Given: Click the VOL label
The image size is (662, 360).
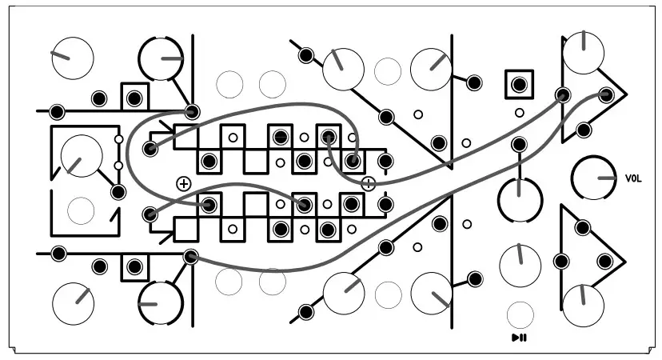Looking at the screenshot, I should point(633,178).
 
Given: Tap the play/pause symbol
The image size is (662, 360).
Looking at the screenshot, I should point(519,338).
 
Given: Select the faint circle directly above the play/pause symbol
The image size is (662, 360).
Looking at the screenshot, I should point(520,313).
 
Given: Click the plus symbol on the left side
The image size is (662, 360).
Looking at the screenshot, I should point(183,183).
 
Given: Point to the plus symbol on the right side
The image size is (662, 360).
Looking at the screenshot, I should point(368,183).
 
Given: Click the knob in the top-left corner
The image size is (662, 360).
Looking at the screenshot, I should point(73,57).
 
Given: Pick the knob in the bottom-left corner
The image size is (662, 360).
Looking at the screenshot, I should point(73,302).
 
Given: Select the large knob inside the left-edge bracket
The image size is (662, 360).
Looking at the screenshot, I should point(82,155).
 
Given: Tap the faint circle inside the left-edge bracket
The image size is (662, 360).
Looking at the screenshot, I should point(81,210).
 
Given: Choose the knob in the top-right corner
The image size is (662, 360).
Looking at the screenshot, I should point(583,53).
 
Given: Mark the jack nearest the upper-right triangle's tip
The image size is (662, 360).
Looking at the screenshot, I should point(606,95).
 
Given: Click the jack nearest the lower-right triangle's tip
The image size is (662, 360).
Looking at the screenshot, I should point(605,260).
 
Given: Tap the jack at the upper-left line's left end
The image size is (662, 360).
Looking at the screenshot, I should point(57,111).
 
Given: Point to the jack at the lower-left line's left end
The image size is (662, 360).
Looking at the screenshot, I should point(58,254).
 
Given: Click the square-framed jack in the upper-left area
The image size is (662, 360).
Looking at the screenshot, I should point(134,98).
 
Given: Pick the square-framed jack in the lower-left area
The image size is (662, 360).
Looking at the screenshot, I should point(134,265).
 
